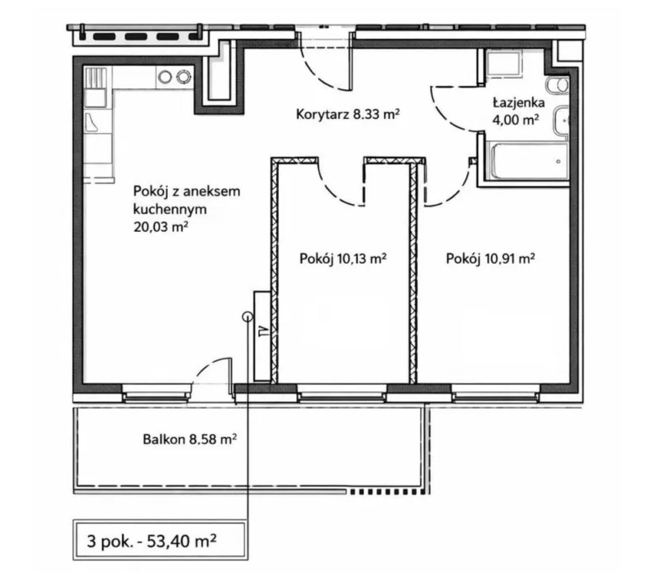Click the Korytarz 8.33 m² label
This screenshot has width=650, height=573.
tap(347, 114)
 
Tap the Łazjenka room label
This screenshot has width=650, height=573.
tap(519, 102)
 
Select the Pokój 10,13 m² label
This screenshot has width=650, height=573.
tap(343, 259)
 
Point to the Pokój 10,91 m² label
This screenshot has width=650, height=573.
tap(490, 259)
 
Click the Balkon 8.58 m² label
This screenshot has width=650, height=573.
tap(190, 439)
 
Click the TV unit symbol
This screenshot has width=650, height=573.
tap(262, 336)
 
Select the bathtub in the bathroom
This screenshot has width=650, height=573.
tap(529, 161)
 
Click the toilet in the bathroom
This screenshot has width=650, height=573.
tap(557, 85)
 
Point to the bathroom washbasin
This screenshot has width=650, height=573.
tap(561, 121)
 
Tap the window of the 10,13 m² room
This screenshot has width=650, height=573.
tap(342, 393)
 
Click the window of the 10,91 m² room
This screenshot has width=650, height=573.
tap(495, 393)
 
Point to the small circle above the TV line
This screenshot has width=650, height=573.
tap(247, 317)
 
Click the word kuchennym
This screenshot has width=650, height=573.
tap(170, 210)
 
